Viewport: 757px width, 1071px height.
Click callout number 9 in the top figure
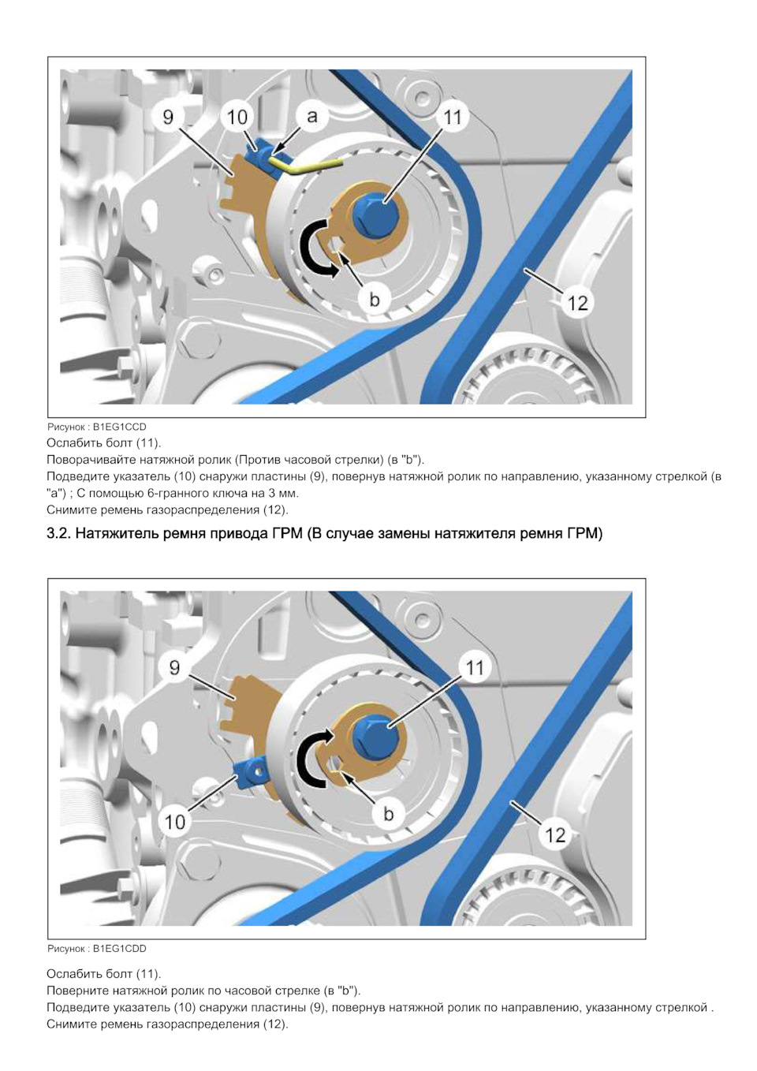point(168,117)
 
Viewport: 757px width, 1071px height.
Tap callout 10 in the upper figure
point(237,117)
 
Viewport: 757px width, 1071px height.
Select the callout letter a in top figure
point(312,116)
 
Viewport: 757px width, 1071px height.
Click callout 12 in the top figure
point(577,302)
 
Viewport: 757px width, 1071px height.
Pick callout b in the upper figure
point(375,300)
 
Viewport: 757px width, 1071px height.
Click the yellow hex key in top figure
point(306,164)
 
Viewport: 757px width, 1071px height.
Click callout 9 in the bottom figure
point(175,668)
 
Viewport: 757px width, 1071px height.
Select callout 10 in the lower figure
point(174,822)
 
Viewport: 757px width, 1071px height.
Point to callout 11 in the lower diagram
point(475,667)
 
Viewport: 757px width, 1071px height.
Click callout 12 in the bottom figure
point(555,835)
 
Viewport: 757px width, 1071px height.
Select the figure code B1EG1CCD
point(120,427)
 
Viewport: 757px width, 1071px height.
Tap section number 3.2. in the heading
point(58,534)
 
